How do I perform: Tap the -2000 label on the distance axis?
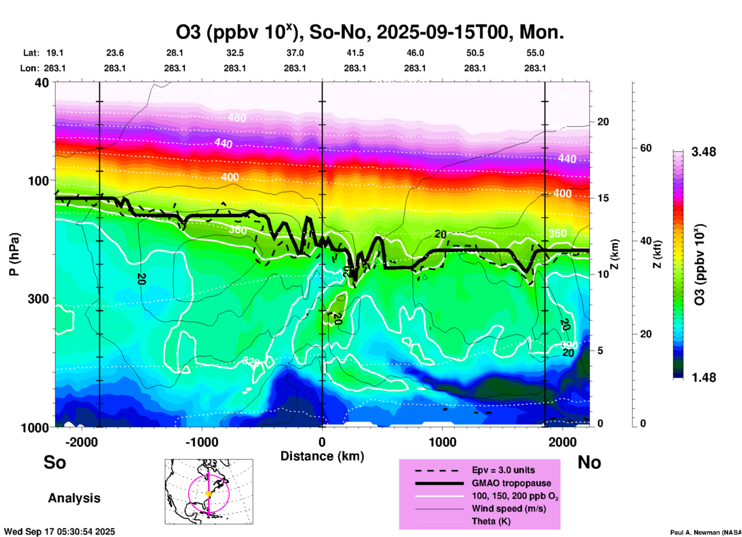coord(82,442)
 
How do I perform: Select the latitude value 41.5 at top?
coord(355,53)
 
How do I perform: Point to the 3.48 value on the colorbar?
coord(703,152)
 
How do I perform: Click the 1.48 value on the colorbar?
coord(703,377)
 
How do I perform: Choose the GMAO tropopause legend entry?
coord(511,483)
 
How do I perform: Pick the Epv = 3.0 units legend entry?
coord(503,470)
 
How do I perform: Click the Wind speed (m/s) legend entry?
coord(509,508)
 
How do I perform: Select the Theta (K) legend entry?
coord(491,521)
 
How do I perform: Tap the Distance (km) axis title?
coord(322,456)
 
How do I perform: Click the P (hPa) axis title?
coord(14,254)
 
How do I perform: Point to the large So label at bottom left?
coord(55,462)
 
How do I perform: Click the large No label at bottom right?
coord(589,462)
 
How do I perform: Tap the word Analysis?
coord(74,498)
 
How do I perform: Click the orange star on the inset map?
coord(209,493)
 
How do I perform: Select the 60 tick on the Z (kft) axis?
coord(646,148)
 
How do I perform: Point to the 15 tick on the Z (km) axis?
coord(603,198)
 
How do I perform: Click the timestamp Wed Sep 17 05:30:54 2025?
coord(59,532)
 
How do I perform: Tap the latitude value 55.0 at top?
coord(535,53)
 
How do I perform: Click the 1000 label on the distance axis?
coord(442,442)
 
